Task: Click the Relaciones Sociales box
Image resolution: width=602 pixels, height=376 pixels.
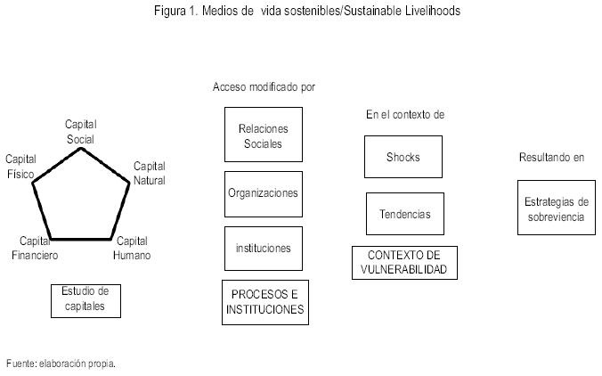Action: pyautogui.click(x=263, y=135)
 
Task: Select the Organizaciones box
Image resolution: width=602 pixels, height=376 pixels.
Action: pyautogui.click(x=263, y=193)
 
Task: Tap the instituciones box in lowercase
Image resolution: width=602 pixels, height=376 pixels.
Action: pyautogui.click(x=263, y=249)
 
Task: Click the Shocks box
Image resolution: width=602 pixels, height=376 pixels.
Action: pyautogui.click(x=403, y=157)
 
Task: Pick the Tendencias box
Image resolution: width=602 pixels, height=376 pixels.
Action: pyautogui.click(x=404, y=214)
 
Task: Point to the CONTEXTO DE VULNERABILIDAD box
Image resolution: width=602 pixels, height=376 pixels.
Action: pyautogui.click(x=404, y=263)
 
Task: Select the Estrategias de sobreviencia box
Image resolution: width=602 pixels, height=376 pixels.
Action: pyautogui.click(x=556, y=208)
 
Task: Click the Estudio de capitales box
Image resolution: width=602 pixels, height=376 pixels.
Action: pyautogui.click(x=85, y=299)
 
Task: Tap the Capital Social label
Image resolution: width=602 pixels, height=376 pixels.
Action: pyautogui.click(x=80, y=131)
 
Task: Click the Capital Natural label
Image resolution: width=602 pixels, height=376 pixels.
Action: pyautogui.click(x=149, y=173)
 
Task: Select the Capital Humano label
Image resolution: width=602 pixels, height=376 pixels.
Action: pyautogui.click(x=132, y=248)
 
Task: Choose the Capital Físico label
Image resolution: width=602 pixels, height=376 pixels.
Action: pyautogui.click(x=20, y=165)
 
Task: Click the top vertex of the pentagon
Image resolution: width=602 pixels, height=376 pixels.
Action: pyautogui.click(x=80, y=147)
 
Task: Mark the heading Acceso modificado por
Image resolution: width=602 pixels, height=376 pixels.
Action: pyautogui.click(x=264, y=87)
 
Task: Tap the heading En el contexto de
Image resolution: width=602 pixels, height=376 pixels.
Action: pyautogui.click(x=404, y=115)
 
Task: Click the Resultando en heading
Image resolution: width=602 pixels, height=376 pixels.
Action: pyautogui.click(x=551, y=158)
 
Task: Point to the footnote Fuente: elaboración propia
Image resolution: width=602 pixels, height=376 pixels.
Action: pyautogui.click(x=61, y=364)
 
